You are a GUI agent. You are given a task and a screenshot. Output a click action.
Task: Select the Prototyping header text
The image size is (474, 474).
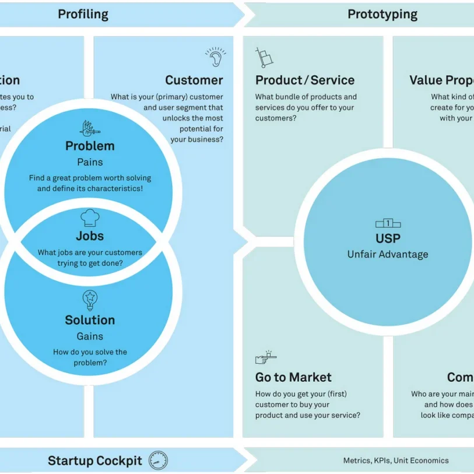tap(382, 14)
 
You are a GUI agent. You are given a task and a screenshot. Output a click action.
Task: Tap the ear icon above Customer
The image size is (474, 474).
tap(215, 57)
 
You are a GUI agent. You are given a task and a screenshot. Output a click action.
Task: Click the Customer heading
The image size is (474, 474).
tap(194, 80)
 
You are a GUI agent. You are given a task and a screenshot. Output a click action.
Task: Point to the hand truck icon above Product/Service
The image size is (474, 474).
tap(264, 57)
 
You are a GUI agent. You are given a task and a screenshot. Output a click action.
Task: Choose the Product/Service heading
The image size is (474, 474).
tap(304, 80)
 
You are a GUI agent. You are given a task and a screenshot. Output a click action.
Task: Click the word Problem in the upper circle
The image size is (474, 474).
tap(90, 146)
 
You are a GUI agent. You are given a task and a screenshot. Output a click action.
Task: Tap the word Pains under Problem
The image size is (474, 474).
tap(90, 162)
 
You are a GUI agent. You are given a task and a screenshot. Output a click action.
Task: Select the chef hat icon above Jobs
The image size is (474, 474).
tap(90, 218)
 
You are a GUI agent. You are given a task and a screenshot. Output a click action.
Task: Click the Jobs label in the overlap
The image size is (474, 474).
tap(90, 236)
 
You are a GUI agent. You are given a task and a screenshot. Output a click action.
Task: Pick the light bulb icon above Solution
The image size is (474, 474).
tap(90, 300)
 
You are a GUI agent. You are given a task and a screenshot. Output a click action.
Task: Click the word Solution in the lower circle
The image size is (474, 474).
tap(90, 320)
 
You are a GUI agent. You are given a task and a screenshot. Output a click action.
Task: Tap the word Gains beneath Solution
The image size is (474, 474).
tap(90, 336)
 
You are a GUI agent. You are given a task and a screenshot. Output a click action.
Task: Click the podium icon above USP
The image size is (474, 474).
tap(388, 223)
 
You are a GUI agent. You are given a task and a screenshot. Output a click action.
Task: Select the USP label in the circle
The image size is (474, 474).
tap(388, 238)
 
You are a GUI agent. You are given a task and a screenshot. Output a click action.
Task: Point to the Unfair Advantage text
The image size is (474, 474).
tap(388, 254)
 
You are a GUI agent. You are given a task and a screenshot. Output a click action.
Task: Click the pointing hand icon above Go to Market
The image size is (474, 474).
tap(265, 357)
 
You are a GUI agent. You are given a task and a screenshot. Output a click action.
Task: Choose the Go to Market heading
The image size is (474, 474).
tap(293, 377)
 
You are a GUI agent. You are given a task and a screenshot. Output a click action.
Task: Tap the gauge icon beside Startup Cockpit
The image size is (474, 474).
tap(158, 461)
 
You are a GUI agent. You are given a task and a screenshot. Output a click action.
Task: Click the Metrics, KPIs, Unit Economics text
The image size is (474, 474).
tap(396, 461)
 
